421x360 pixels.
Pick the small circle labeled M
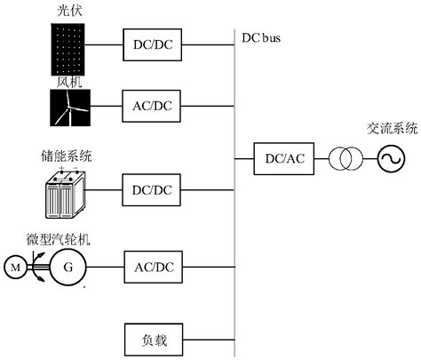[15, 265]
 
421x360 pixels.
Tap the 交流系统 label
[391, 126]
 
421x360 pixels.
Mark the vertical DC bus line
[235, 222]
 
